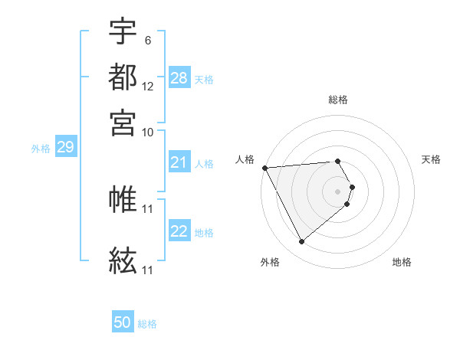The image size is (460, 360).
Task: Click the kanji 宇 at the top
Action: pos(123,31)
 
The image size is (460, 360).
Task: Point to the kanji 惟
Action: pos(123,199)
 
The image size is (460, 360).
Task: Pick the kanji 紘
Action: pos(123,260)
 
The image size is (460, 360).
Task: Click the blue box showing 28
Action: pos(179,78)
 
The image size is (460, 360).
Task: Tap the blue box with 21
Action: pos(179,162)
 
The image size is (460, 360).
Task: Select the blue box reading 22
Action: pos(179,231)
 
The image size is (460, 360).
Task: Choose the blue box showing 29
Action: pos(65,147)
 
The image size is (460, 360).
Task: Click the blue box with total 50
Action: pos(123,322)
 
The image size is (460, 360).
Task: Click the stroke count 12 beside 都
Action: pos(148,87)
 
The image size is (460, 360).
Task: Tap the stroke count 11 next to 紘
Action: pos(148,270)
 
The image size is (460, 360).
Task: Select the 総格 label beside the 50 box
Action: pos(147,324)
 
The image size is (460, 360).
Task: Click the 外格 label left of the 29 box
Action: pos(41,149)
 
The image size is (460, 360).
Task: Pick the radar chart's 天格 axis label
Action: pos(431,159)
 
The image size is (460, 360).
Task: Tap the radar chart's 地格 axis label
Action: pos(402,263)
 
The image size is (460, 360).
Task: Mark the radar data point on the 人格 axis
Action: pos(264,168)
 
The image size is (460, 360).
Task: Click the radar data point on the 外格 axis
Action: pos(301,242)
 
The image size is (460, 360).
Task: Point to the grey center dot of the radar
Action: pos(338,191)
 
